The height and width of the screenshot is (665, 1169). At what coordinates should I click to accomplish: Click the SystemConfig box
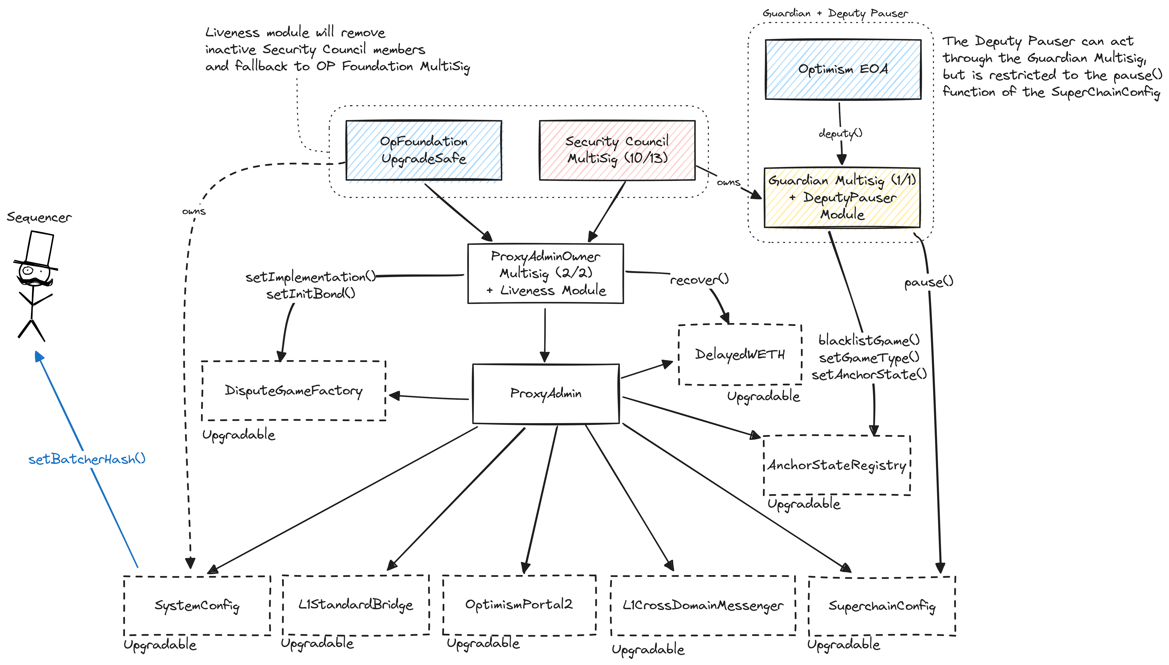pos(197,605)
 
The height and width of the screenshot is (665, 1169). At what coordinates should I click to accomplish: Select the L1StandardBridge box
pos(356,605)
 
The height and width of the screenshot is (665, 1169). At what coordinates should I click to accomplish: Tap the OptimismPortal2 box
pos(519,605)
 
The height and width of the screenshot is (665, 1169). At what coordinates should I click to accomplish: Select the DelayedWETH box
pos(740,354)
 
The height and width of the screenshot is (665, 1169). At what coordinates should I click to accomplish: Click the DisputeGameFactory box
pos(293,390)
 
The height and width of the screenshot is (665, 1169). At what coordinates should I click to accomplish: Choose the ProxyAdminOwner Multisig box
pos(546,273)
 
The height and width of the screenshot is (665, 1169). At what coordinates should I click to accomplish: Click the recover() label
pos(699,279)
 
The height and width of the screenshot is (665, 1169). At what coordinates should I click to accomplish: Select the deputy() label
pos(840,133)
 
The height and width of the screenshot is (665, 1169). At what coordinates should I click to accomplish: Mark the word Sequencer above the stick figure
pos(39,217)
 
